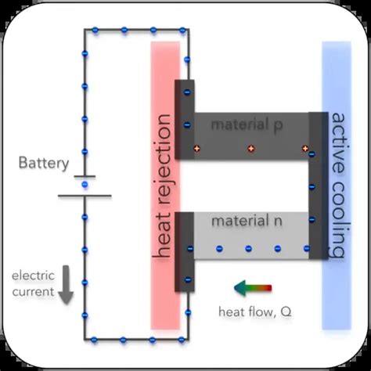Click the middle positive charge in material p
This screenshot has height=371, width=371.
[250, 148]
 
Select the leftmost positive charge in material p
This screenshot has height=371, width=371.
[197, 148]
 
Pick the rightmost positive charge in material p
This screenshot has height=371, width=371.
[304, 148]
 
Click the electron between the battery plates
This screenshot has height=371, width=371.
[85, 185]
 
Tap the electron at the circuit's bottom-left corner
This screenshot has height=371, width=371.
[85, 339]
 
